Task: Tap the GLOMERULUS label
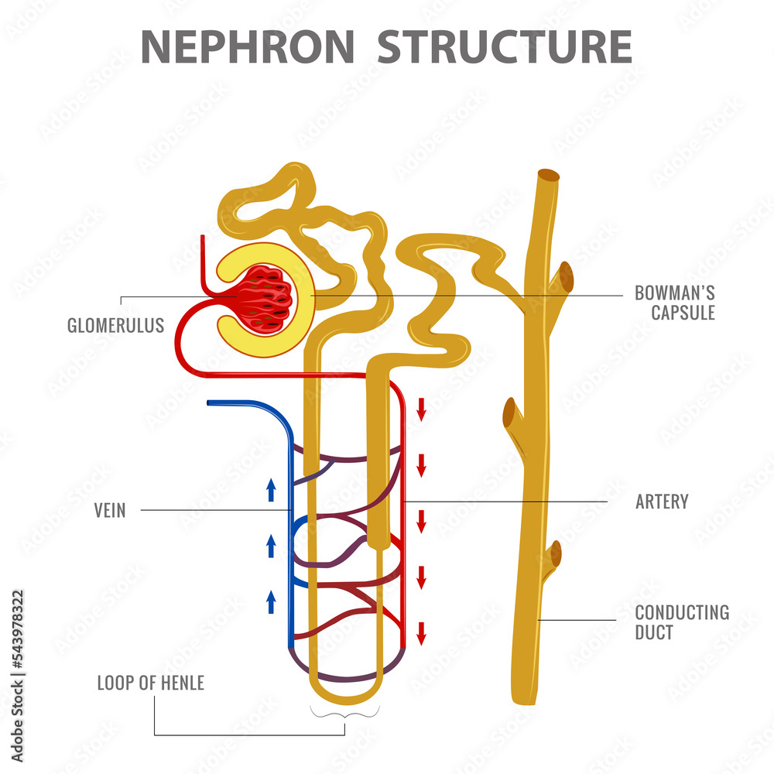[115, 325]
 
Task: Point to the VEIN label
[110, 510]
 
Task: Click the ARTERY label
[662, 502]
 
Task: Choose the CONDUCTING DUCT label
[682, 622]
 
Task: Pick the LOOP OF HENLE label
[150, 683]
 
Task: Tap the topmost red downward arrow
[421, 409]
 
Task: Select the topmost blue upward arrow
[271, 489]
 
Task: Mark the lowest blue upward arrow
[271, 601]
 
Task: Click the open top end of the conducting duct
[549, 176]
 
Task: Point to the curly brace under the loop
[345, 711]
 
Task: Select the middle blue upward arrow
[271, 545]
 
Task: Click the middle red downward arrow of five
[421, 521]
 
